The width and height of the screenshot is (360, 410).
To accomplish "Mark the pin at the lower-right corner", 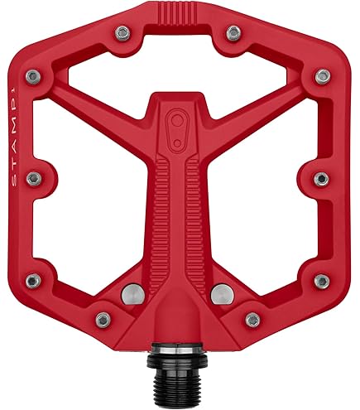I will tap(324, 280).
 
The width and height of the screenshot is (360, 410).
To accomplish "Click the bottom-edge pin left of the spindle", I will tap(103, 319).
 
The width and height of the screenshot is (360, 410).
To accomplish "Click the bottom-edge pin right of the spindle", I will tap(254, 319).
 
